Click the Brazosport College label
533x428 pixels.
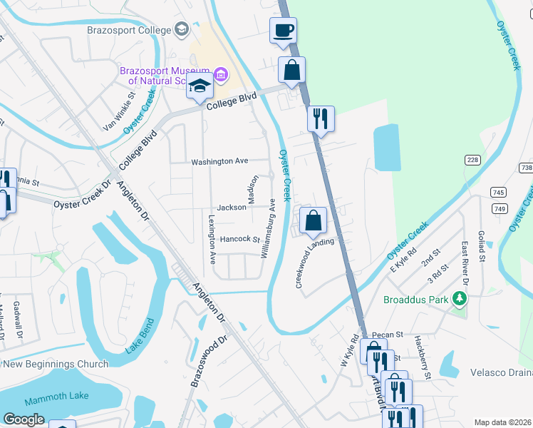coord(129,30)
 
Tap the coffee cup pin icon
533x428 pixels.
coord(283,31)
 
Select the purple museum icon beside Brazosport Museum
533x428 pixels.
coord(220,74)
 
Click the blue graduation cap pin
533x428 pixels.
coord(200,87)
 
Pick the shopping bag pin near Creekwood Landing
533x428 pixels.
coord(313,220)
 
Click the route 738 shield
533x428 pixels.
coord(526,167)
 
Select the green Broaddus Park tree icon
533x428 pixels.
coord(460,300)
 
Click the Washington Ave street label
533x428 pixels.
coord(219,162)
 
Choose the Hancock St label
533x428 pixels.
coord(239,240)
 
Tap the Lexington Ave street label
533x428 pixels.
coord(212,239)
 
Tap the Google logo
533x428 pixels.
coord(24,419)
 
